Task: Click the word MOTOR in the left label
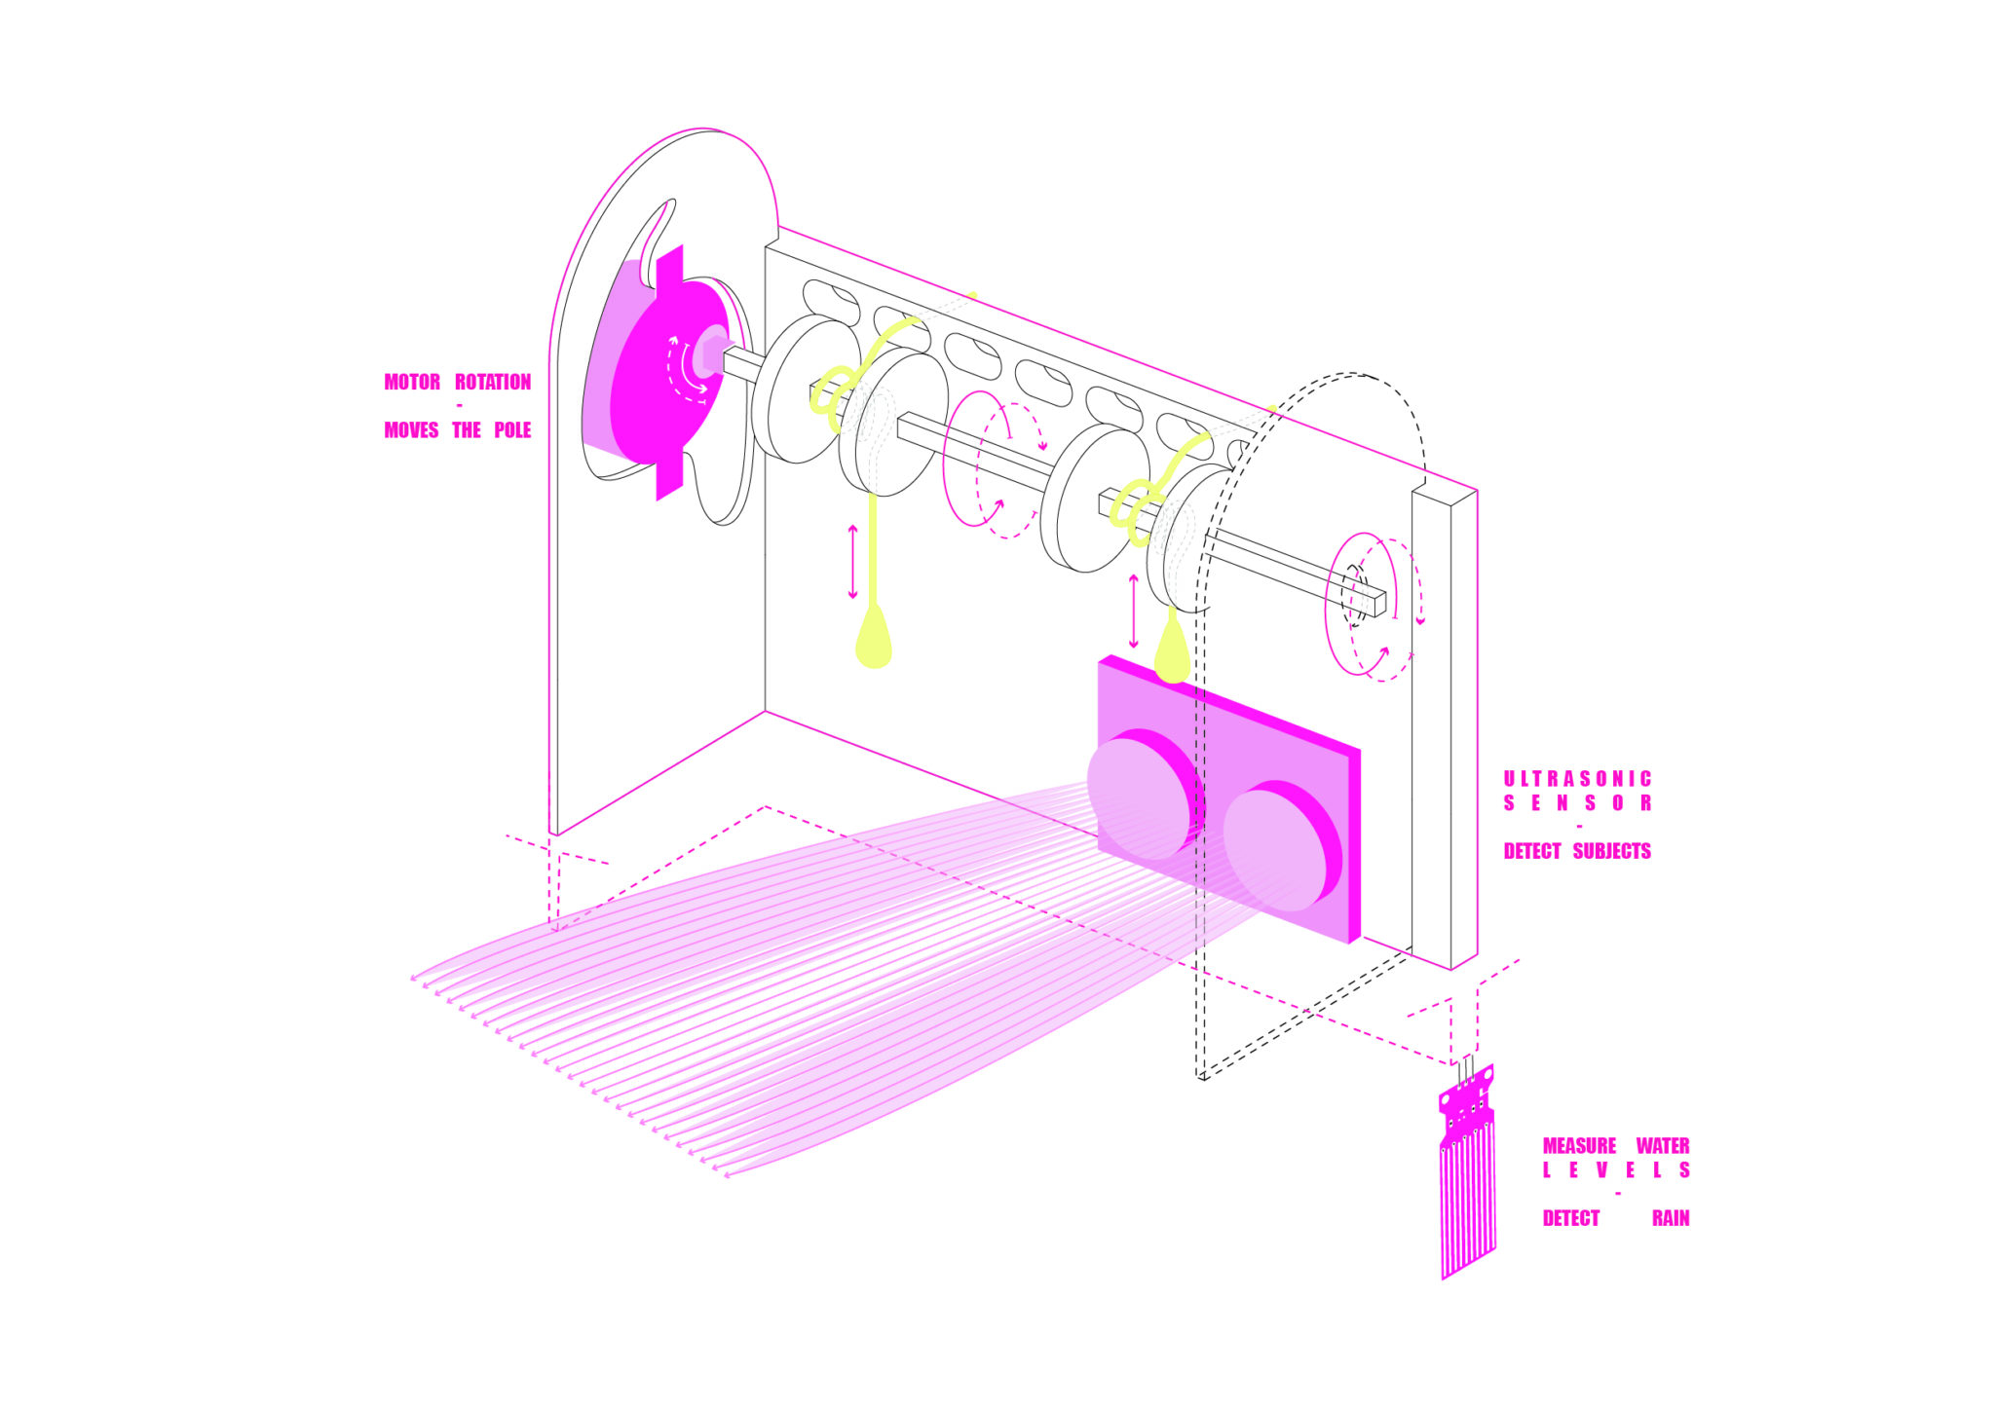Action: [x=412, y=382]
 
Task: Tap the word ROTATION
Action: [x=493, y=382]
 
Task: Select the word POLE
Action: [x=512, y=430]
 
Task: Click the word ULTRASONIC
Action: [x=1577, y=779]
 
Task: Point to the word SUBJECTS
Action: [x=1611, y=851]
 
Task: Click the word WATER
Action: [x=1662, y=1146]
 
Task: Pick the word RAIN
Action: [x=1671, y=1218]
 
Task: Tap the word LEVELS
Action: [x=1616, y=1170]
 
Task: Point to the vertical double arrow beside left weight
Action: [x=853, y=562]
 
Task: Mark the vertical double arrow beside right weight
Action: [x=1133, y=612]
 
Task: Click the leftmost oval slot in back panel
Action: [x=830, y=298]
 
